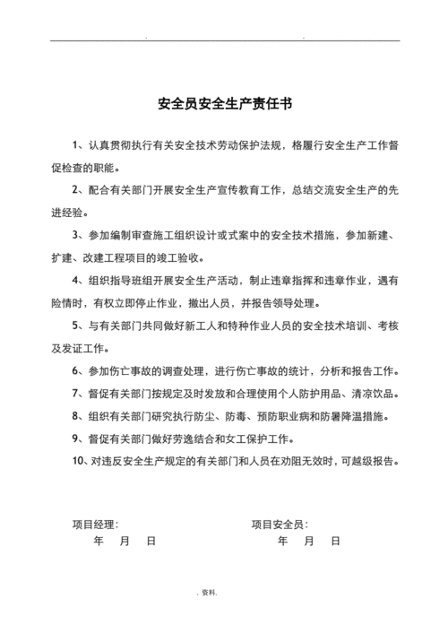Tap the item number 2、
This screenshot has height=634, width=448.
78,190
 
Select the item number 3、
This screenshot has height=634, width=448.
78,235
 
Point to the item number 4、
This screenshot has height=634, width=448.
78,282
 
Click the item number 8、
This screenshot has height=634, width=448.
78,417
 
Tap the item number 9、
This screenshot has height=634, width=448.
78,439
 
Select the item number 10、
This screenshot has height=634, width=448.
79,462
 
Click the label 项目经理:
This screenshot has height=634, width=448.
95,524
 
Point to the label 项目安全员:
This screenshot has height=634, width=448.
280,524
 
